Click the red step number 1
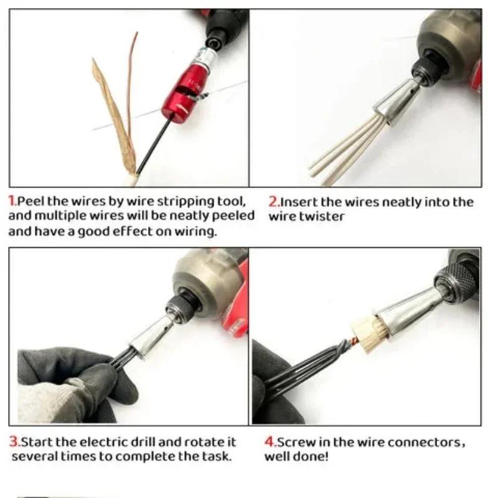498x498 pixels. coord(12,202)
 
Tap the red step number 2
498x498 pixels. coord(273,202)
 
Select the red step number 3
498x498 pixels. coord(13,443)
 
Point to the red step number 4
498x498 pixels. coord(270,443)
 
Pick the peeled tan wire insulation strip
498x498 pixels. coord(113,112)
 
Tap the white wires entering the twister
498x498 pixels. coord(349,149)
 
